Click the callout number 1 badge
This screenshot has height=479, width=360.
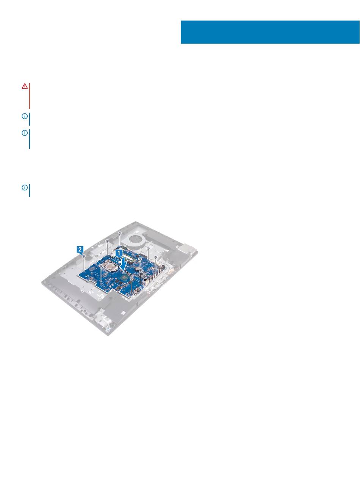click(x=119, y=253)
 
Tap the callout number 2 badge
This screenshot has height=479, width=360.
click(x=80, y=249)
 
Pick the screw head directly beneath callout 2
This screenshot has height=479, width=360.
click(x=84, y=256)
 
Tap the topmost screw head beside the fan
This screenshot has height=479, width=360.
click(x=120, y=233)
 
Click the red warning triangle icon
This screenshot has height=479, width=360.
click(x=25, y=86)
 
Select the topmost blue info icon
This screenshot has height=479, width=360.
click(x=25, y=116)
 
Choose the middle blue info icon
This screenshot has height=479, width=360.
click(x=25, y=133)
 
